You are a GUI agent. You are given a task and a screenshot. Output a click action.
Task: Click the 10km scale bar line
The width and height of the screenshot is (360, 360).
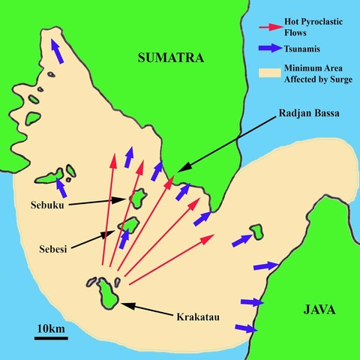[x=51, y=337]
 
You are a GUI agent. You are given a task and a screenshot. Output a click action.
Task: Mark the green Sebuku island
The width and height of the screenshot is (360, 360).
[x=138, y=198]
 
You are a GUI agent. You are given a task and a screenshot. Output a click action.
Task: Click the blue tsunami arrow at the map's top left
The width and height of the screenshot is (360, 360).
[x=57, y=52]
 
